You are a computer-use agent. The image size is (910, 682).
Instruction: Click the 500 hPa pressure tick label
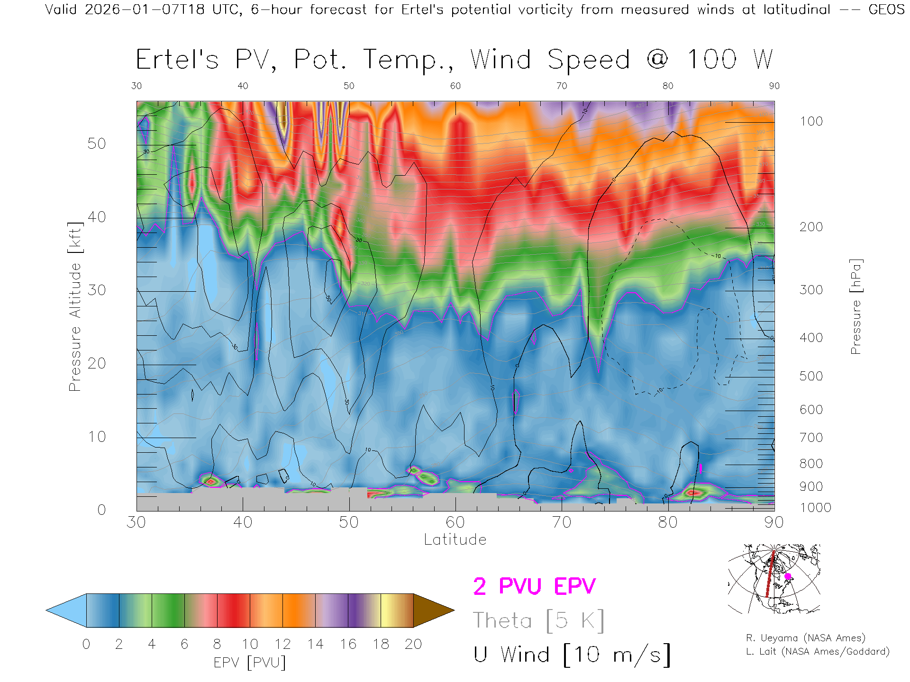click(811, 376)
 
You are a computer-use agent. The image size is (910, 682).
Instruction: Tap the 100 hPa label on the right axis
click(811, 121)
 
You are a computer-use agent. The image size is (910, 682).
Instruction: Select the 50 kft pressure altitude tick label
click(96, 144)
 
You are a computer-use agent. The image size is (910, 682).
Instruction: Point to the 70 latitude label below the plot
click(561, 522)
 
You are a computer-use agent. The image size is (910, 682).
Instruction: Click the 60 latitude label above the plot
click(455, 86)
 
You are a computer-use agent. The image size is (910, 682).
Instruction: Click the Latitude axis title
click(455, 539)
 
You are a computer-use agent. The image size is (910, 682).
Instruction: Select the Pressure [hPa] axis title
click(855, 306)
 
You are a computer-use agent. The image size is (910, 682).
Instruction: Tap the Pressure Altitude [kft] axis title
click(75, 306)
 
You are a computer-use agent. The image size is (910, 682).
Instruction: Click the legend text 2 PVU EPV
click(534, 586)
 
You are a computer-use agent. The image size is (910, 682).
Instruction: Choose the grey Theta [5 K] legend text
click(538, 620)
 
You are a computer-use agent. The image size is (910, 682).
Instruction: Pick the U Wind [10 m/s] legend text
click(572, 655)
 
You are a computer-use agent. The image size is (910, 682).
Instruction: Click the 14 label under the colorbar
click(315, 644)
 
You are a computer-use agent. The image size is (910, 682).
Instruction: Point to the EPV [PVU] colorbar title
click(250, 663)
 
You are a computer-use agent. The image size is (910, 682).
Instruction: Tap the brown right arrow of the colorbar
click(432, 610)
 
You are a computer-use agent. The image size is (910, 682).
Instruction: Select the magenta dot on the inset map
click(788, 576)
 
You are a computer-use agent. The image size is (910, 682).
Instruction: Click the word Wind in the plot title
click(500, 60)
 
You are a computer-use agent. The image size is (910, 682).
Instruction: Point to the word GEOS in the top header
click(886, 9)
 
